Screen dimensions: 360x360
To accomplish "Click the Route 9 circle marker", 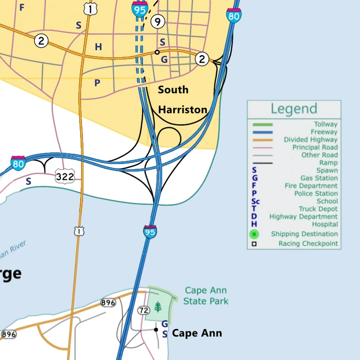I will point(157,21).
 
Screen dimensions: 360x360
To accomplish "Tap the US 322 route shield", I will point(64,177).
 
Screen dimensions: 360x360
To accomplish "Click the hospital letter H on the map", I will point(98,47).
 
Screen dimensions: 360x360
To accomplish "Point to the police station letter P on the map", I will point(97,83).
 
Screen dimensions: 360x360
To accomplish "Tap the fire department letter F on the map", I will point(21,8).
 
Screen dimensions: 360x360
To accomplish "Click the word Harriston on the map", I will point(183,110).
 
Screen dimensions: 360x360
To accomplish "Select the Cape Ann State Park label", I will point(206,296).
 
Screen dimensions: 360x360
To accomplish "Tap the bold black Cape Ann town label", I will point(197,333).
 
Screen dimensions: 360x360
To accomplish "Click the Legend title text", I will point(294,109).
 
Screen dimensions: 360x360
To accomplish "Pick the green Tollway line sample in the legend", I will point(262,124).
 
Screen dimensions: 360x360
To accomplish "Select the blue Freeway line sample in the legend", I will point(262,132).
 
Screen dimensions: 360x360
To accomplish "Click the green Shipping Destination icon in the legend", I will point(254,234).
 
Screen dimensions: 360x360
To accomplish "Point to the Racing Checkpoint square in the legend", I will point(254,244).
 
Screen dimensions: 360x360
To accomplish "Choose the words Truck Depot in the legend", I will point(318,209).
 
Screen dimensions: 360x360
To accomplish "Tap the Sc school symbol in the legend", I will point(256,201).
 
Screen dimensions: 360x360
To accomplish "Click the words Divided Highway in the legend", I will point(310,140).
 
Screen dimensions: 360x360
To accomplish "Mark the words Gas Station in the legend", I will point(319,178).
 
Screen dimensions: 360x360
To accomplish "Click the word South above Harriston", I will point(173,90).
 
